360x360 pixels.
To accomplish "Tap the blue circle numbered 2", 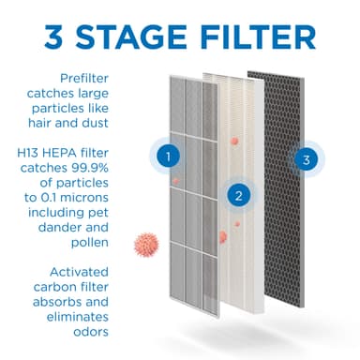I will pos(240,196).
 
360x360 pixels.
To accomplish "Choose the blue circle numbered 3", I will pos(306,158).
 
